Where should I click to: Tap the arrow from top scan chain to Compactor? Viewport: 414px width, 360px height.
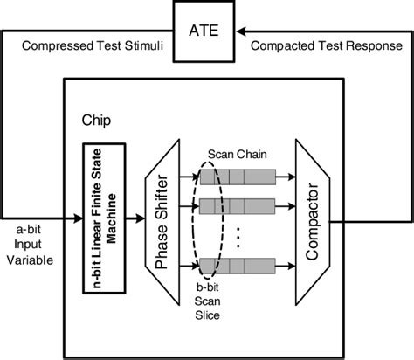[x=286, y=177]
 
